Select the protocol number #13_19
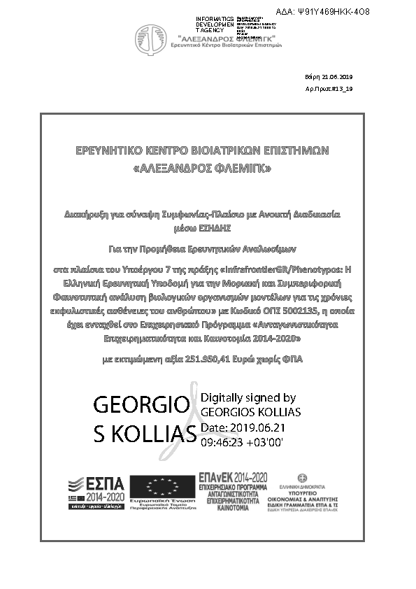point(344,90)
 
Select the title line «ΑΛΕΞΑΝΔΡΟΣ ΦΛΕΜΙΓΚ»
point(201,169)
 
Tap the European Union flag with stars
point(162,488)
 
